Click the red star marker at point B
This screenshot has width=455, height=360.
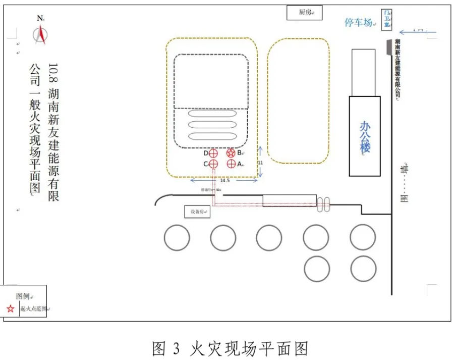[x=231, y=153]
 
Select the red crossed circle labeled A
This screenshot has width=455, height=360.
[x=231, y=164]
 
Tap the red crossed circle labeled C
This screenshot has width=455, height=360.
[x=213, y=164]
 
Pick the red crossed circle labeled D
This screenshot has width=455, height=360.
[x=213, y=153]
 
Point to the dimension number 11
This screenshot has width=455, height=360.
[x=261, y=163]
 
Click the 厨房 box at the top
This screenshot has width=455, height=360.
[x=304, y=12]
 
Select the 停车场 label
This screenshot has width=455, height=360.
[x=359, y=22]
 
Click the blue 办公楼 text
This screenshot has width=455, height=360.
[x=365, y=137]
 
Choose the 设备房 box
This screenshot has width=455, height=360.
[x=197, y=212]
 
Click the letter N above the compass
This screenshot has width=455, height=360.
[x=40, y=18]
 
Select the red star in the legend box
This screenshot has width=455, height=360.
[x=11, y=308]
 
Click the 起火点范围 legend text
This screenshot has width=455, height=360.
[x=33, y=309]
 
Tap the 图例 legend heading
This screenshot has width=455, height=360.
[x=23, y=296]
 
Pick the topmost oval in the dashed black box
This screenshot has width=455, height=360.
[x=212, y=113]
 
